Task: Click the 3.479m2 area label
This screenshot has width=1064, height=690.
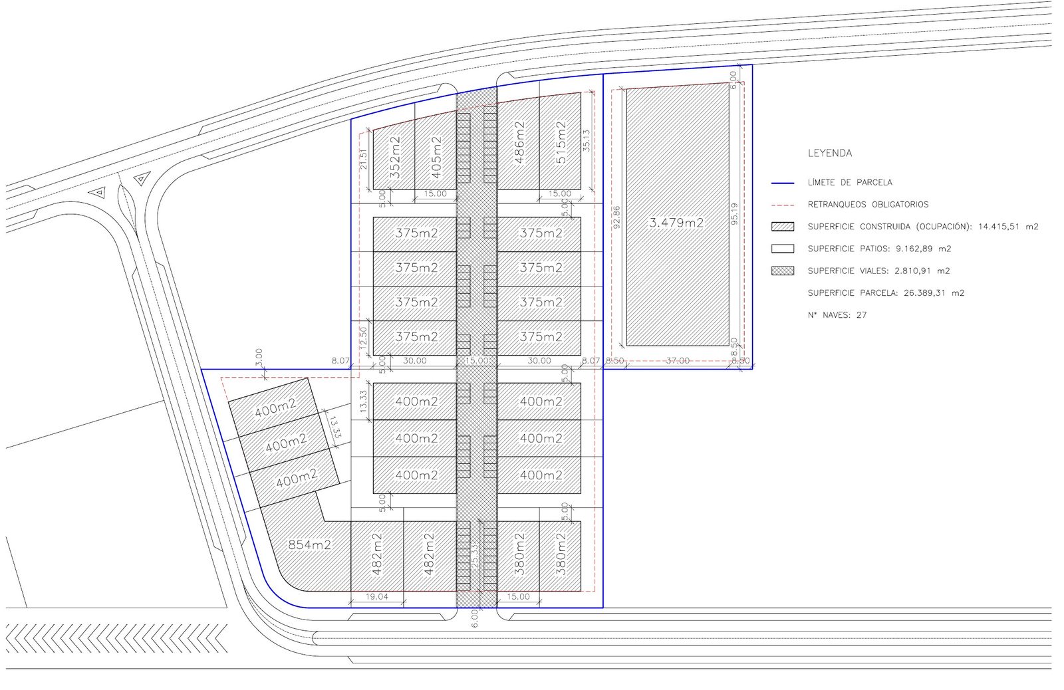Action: point(676,223)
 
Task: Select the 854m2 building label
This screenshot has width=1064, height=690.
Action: point(310,544)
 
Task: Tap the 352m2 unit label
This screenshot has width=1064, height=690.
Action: point(395,157)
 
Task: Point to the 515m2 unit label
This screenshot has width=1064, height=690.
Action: point(561,142)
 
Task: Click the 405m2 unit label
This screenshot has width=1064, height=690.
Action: point(436,157)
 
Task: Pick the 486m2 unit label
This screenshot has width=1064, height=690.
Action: point(519,142)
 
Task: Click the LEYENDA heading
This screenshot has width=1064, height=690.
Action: point(830,154)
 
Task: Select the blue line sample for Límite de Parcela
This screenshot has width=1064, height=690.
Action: point(783,183)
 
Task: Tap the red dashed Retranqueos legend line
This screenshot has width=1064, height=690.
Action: point(783,205)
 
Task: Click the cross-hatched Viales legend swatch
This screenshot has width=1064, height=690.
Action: point(783,271)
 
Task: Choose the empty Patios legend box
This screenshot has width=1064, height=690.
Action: point(783,249)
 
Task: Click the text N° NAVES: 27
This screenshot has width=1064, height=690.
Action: point(837,315)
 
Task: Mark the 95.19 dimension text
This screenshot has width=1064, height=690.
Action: point(735,213)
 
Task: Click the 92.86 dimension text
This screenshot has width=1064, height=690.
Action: point(616,217)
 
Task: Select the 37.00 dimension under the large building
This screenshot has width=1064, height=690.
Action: point(678,361)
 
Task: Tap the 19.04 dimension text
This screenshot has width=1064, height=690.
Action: point(376,596)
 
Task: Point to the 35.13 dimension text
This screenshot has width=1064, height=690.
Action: point(587,140)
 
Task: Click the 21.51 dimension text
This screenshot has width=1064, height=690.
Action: point(364,160)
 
